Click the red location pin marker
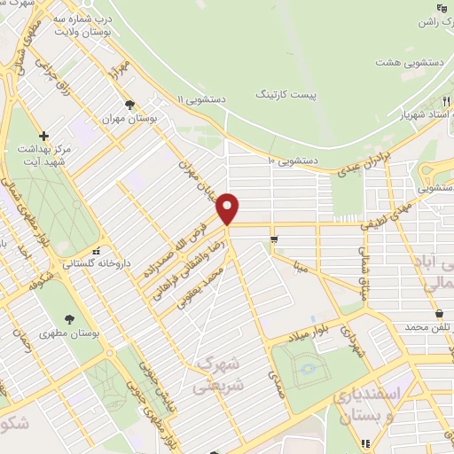[228, 208]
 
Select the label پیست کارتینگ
[286, 93]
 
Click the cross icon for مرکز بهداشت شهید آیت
[43, 135]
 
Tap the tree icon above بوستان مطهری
[69, 318]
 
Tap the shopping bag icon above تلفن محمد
[439, 313]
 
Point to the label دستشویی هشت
[399, 62]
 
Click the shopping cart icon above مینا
[276, 239]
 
